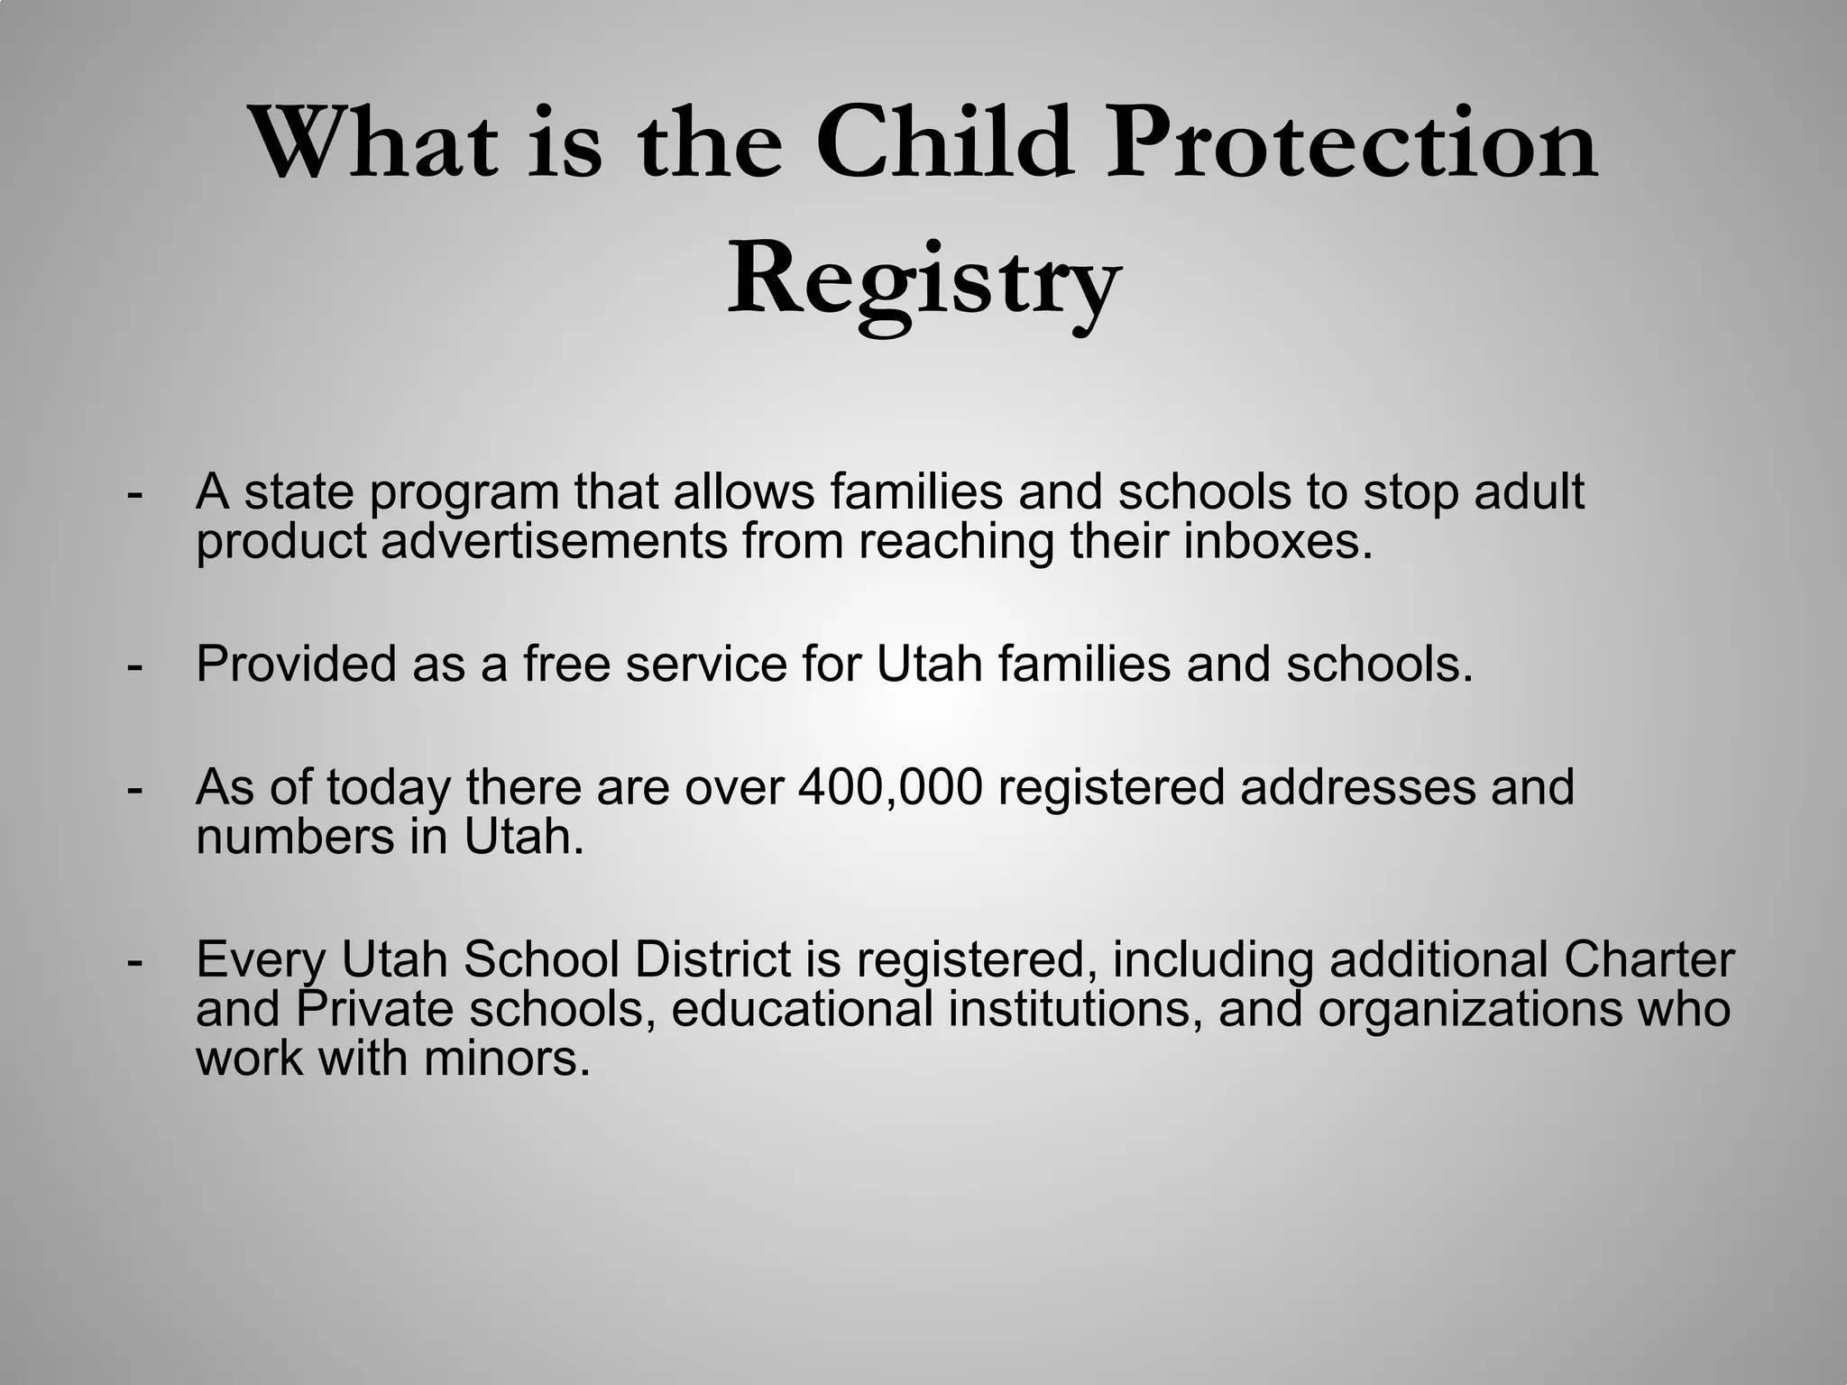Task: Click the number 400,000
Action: (x=890, y=787)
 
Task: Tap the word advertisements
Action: (x=554, y=541)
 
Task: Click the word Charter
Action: (x=1649, y=959)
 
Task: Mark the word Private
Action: (x=373, y=1008)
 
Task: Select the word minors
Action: (x=507, y=1058)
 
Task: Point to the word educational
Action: (x=802, y=1008)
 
